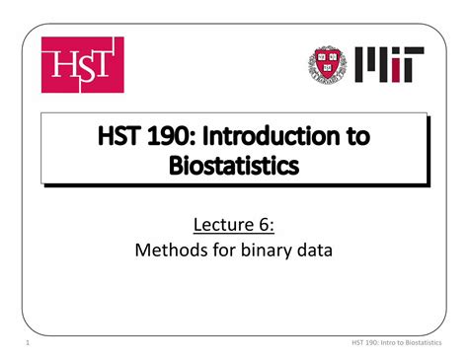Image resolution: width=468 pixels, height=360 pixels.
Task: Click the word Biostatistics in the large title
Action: tap(233, 167)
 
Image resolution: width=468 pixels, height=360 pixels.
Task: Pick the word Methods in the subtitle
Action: tap(167, 252)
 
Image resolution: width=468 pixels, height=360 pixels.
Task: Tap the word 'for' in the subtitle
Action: tap(219, 252)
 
